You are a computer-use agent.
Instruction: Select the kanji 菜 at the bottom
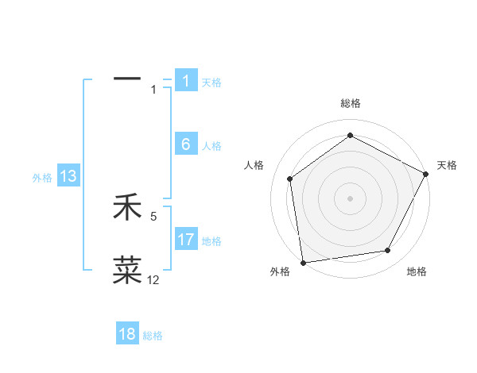pyautogui.click(x=127, y=270)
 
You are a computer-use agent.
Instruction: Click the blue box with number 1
pyautogui.click(x=186, y=81)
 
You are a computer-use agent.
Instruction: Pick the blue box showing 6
pyautogui.click(x=186, y=144)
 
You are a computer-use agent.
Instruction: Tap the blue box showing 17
pyautogui.click(x=186, y=239)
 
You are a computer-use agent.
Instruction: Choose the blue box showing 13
pyautogui.click(x=68, y=176)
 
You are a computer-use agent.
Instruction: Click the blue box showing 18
pyautogui.click(x=127, y=334)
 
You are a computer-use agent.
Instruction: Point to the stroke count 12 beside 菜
pyautogui.click(x=153, y=280)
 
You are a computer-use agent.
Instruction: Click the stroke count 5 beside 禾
pyautogui.click(x=153, y=215)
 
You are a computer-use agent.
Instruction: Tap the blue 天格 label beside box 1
pyautogui.click(x=211, y=83)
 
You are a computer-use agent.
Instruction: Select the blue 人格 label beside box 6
pyautogui.click(x=211, y=146)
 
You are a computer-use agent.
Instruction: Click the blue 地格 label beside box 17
pyautogui.click(x=211, y=240)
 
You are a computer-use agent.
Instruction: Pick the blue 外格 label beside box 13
pyautogui.click(x=42, y=178)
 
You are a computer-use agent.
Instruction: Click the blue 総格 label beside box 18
pyautogui.click(x=153, y=336)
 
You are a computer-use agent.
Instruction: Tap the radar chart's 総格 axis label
pyautogui.click(x=350, y=103)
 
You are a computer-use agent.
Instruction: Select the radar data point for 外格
pyautogui.click(x=303, y=262)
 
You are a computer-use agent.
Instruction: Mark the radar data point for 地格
pyautogui.click(x=388, y=251)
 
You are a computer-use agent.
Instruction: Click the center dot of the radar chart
pyautogui.click(x=350, y=198)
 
